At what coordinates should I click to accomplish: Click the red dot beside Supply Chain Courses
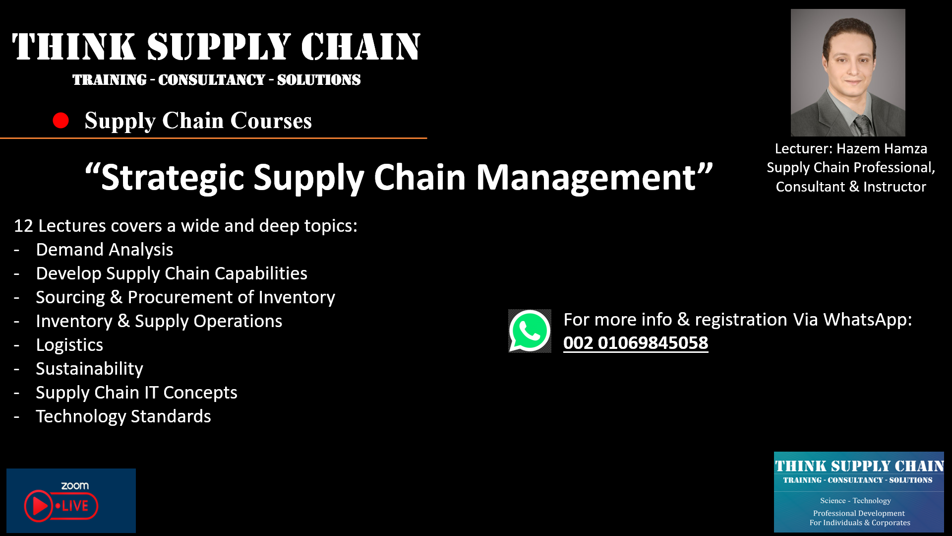(x=60, y=121)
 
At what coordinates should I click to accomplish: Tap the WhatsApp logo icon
(x=530, y=331)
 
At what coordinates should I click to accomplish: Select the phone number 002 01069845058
(x=636, y=343)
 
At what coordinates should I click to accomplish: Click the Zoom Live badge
(x=71, y=501)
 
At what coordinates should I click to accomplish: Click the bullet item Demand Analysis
(x=105, y=250)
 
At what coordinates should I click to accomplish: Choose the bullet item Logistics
(x=69, y=345)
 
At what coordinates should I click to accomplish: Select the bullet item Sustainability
(x=89, y=369)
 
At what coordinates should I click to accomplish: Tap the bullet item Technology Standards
(x=123, y=416)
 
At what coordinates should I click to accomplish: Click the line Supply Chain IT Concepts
(x=136, y=393)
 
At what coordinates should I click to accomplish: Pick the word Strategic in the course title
(x=173, y=178)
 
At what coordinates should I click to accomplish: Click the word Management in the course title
(x=587, y=178)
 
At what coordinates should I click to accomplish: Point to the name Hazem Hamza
(x=882, y=148)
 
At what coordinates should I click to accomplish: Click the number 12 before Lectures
(x=23, y=226)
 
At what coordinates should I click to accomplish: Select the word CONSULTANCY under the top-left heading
(x=212, y=80)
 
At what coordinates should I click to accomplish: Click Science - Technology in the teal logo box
(x=855, y=500)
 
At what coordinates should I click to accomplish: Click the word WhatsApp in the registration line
(x=867, y=320)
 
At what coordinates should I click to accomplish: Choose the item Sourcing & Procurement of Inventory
(x=185, y=297)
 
